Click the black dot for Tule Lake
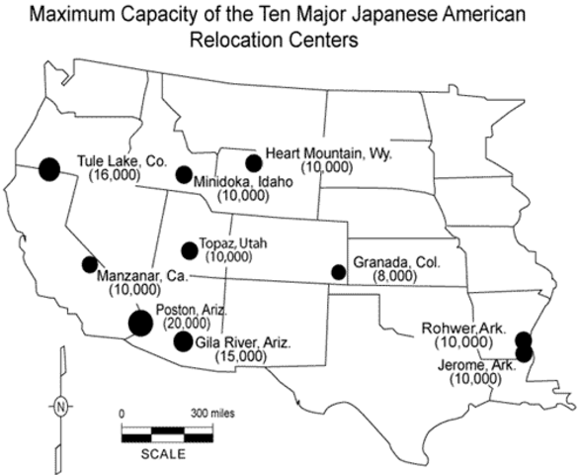click(48, 168)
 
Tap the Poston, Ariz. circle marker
click(140, 322)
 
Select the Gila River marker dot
click(183, 341)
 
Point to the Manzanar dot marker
click(89, 264)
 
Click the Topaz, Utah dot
click(190, 251)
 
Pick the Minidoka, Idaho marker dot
click(183, 175)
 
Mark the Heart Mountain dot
click(254, 162)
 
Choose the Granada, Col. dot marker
click(339, 271)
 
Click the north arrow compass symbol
click(61, 406)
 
